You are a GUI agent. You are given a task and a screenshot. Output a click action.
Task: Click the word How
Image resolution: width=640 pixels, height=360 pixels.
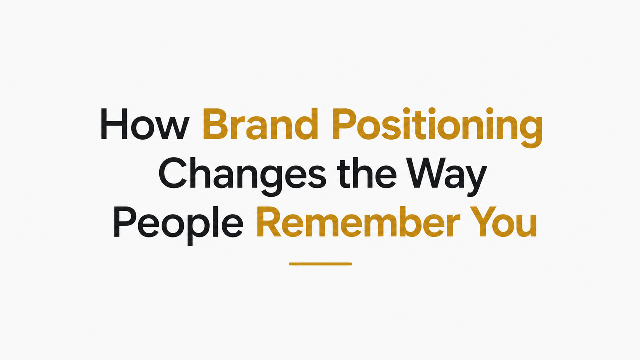(145, 124)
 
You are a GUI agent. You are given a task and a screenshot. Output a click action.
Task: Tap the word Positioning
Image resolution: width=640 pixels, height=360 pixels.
(437, 128)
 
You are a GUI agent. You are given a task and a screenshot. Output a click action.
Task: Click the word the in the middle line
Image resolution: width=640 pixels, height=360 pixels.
(367, 173)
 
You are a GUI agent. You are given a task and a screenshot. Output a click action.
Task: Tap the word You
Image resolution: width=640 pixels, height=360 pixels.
(503, 222)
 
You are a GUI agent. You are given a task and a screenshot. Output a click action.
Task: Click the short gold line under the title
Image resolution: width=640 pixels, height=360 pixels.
(320, 264)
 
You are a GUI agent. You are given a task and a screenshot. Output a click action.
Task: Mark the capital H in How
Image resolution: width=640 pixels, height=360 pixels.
(114, 124)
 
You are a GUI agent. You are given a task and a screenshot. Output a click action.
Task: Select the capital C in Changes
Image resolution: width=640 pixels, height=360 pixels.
(173, 173)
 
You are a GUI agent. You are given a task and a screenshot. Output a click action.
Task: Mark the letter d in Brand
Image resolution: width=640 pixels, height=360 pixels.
(306, 124)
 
